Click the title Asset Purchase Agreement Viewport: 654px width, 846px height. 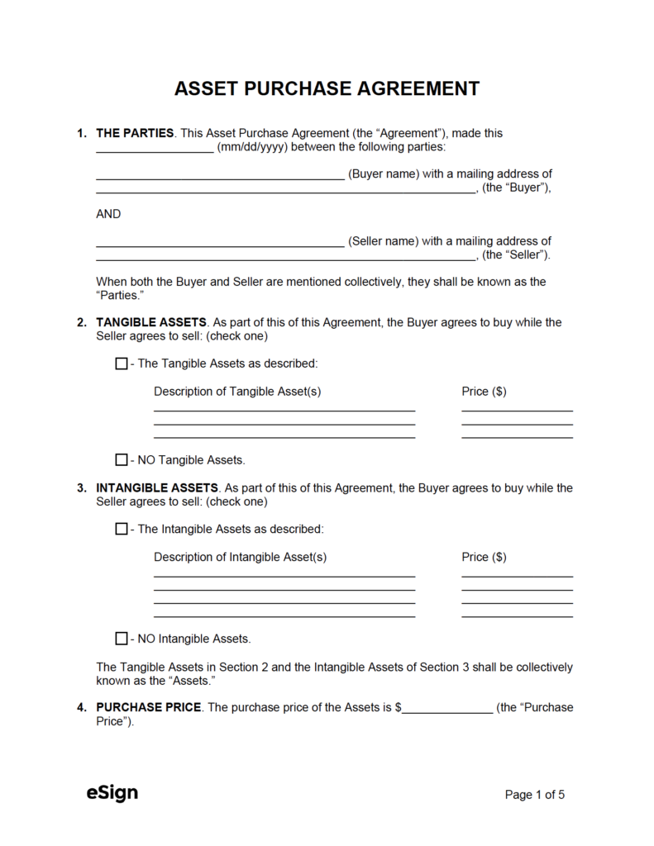tap(327, 88)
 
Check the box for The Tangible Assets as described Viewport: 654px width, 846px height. tap(122, 364)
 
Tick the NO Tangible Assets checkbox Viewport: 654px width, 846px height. tap(122, 459)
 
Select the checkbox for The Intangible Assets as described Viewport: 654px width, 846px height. tap(122, 529)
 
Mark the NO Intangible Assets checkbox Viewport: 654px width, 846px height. tap(122, 639)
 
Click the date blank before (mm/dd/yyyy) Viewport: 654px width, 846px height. tap(155, 149)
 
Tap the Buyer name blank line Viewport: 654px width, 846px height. tap(220, 175)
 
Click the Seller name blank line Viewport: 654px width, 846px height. tap(220, 243)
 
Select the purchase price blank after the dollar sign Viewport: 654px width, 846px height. tap(447, 709)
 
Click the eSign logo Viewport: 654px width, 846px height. tap(112, 793)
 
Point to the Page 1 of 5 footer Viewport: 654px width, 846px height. tap(535, 795)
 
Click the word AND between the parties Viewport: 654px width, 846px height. tap(108, 214)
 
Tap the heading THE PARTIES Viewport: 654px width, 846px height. tap(135, 133)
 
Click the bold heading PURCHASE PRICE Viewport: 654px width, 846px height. tap(149, 707)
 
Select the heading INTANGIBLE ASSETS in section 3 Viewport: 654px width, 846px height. tap(157, 488)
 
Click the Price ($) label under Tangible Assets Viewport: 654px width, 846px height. tap(484, 391)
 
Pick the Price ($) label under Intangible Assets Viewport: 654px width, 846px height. tap(484, 557)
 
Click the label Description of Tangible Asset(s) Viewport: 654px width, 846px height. tap(237, 391)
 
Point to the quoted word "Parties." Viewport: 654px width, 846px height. tap(121, 296)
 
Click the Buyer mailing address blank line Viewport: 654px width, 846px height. tap(286, 190)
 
